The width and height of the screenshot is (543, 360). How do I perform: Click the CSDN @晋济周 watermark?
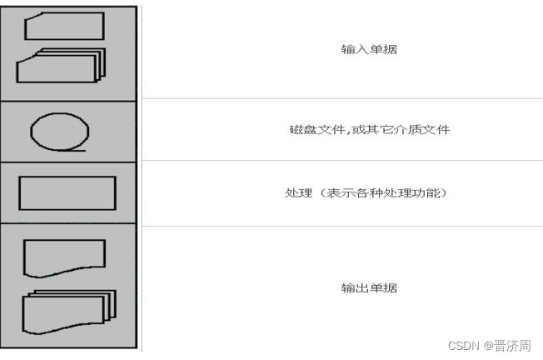pyautogui.click(x=489, y=345)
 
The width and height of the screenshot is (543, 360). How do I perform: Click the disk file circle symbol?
pyautogui.click(x=60, y=132)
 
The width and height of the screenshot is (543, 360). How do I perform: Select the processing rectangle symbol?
pyautogui.click(x=67, y=192)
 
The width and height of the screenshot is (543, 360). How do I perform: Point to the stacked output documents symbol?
pyautogui.click(x=65, y=312)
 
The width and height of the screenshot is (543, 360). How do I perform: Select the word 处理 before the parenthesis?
pyautogui.click(x=296, y=193)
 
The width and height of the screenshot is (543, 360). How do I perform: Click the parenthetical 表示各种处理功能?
pyautogui.click(x=384, y=193)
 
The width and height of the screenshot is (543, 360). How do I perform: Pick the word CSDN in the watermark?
pyautogui.click(x=461, y=345)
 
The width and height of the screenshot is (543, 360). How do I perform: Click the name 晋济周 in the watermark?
pyautogui.click(x=511, y=345)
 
